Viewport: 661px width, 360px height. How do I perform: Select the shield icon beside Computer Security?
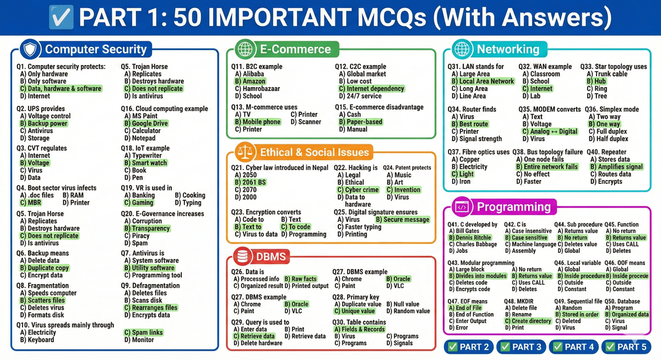click(x=31, y=50)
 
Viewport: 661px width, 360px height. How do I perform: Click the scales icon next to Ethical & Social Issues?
click(x=243, y=152)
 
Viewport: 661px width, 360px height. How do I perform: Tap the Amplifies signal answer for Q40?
click(x=616, y=167)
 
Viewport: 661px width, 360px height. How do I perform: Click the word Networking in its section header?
click(x=508, y=50)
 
